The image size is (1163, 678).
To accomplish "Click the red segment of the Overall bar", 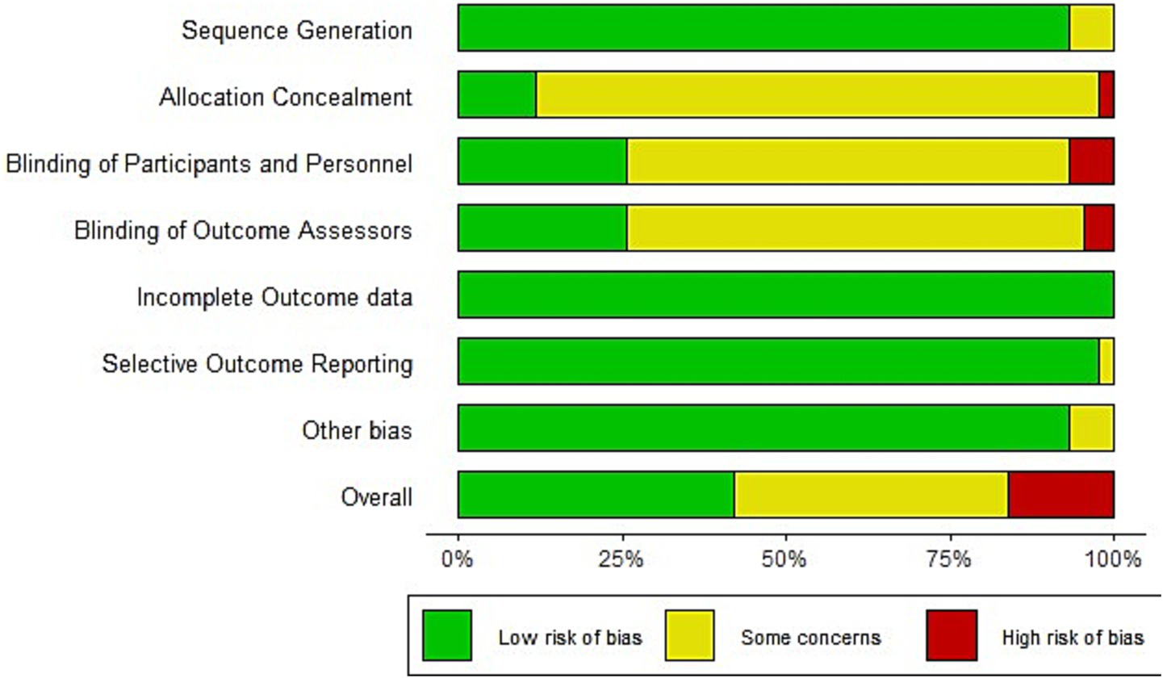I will coord(1061,495).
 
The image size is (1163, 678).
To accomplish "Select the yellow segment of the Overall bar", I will coord(871,495).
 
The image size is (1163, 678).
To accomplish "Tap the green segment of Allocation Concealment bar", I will coord(497,95).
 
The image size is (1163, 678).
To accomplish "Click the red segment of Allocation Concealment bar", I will coord(1106,95).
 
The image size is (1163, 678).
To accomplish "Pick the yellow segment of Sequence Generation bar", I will coord(1091,28).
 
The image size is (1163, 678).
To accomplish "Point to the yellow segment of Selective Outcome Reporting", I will coord(1107,362).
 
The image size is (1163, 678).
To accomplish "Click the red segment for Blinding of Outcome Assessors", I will coord(1098,228).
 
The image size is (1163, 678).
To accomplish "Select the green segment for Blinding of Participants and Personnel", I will coord(542,161).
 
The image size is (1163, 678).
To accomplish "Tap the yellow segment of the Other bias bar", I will coord(1091,428).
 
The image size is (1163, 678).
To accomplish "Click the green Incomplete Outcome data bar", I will coord(785,295).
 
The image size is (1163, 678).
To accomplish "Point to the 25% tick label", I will coord(622,559).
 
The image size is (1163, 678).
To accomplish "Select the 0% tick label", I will coord(458,559).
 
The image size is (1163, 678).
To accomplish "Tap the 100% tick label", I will coord(1114,559).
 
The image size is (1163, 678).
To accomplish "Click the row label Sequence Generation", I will coord(297,31).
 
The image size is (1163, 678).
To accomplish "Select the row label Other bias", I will coord(357,430).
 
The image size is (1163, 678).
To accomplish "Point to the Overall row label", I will coord(377,496).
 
